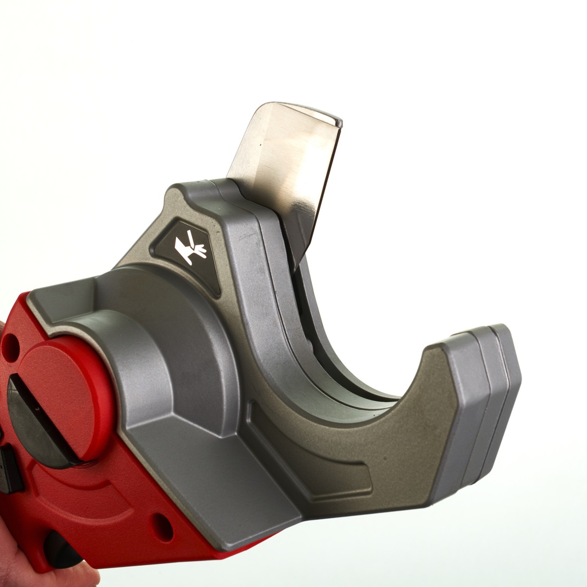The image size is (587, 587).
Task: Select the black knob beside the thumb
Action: coord(61,550)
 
